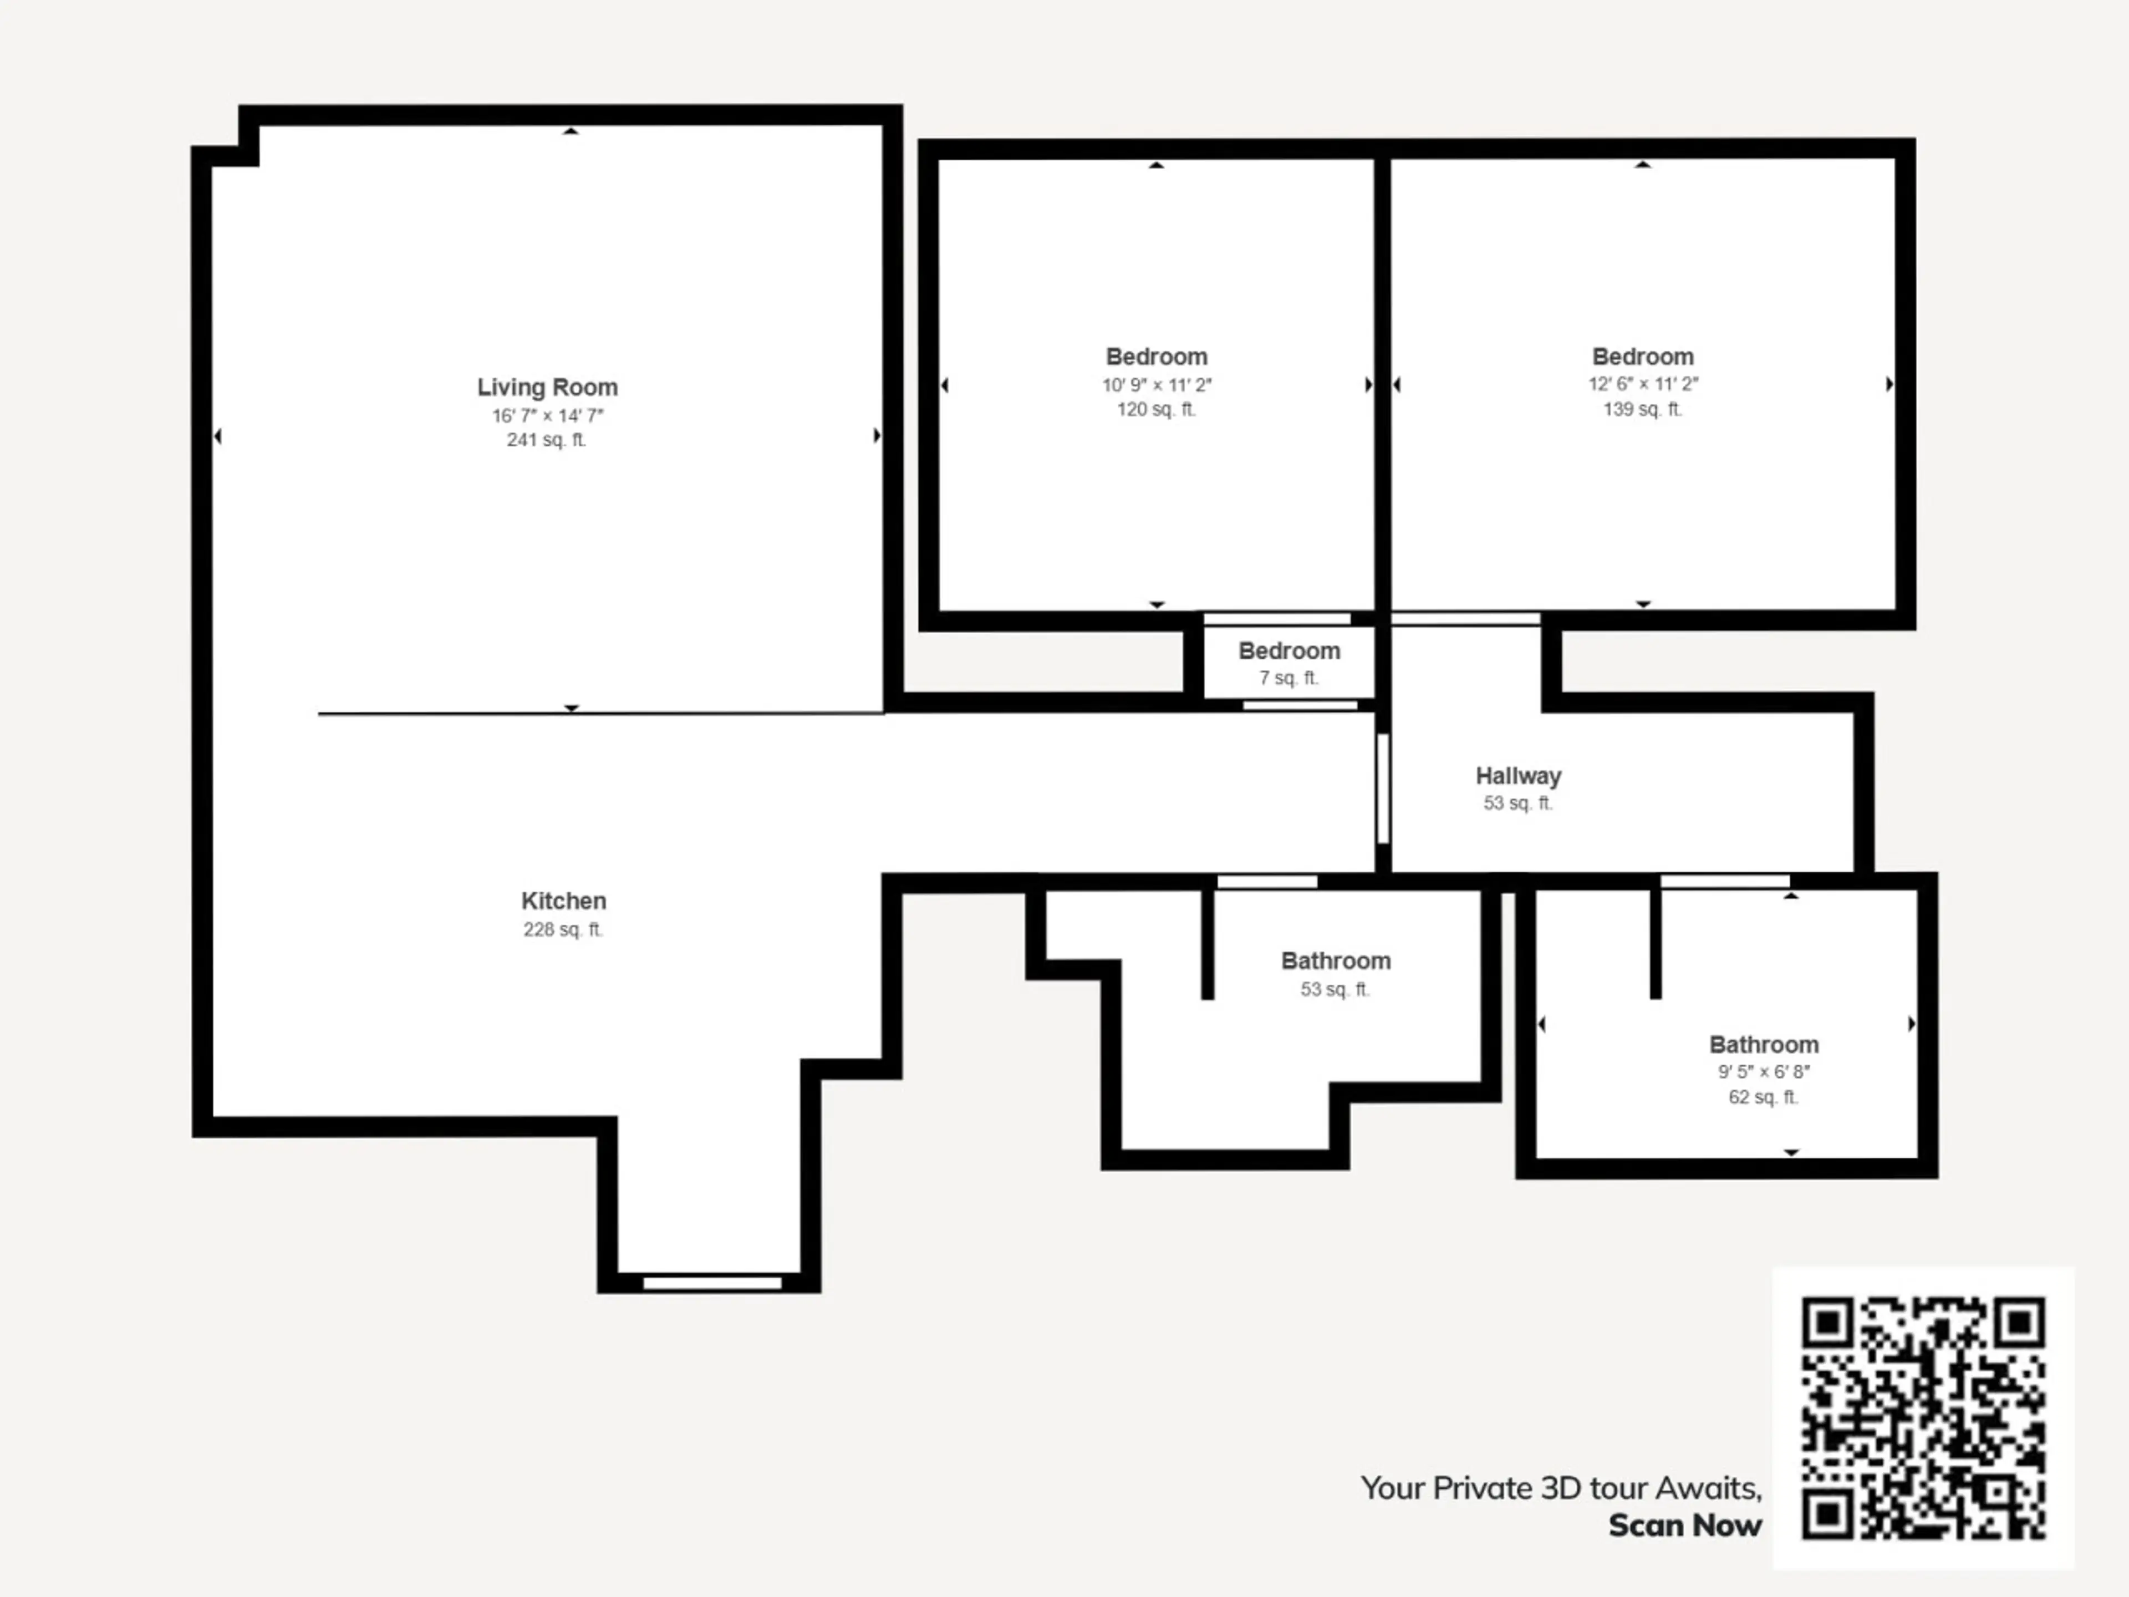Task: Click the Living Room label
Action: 548,387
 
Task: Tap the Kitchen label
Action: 564,901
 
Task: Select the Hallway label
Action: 1519,776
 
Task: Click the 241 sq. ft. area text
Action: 547,440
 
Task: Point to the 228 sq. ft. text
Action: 563,930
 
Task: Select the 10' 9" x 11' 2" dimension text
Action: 1157,385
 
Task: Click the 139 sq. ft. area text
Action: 1643,409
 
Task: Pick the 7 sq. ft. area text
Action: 1288,678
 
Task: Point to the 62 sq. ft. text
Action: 1763,1097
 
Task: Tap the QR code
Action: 1923,1418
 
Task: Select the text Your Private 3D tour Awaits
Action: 1561,1488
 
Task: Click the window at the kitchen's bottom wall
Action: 712,1282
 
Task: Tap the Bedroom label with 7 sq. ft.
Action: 1288,651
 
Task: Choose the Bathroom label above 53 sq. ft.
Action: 1336,961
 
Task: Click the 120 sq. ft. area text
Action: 1157,409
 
